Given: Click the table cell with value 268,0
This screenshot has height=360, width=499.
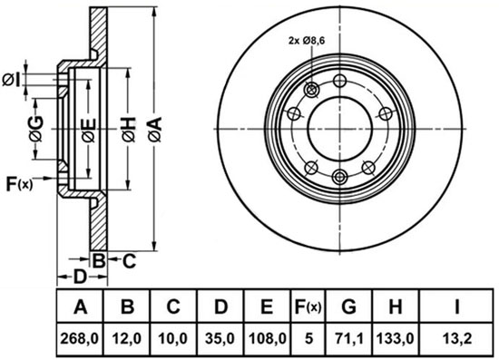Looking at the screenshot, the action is [x=80, y=339].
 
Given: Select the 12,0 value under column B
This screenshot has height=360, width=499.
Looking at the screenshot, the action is [x=127, y=339].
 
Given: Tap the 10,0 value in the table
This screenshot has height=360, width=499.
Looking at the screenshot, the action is [x=173, y=339].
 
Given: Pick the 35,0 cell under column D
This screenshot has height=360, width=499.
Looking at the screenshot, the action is [x=220, y=339].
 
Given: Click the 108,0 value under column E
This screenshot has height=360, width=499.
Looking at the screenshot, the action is [x=267, y=339].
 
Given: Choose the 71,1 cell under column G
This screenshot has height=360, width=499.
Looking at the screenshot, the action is [x=348, y=339].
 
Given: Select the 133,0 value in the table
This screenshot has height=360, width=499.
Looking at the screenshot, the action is [x=396, y=339].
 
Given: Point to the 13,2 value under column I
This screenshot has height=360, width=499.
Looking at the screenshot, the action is [x=456, y=339].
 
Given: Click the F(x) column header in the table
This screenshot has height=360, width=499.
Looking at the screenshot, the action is [x=308, y=307].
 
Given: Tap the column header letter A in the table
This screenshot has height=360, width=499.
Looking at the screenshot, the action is [x=80, y=307].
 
